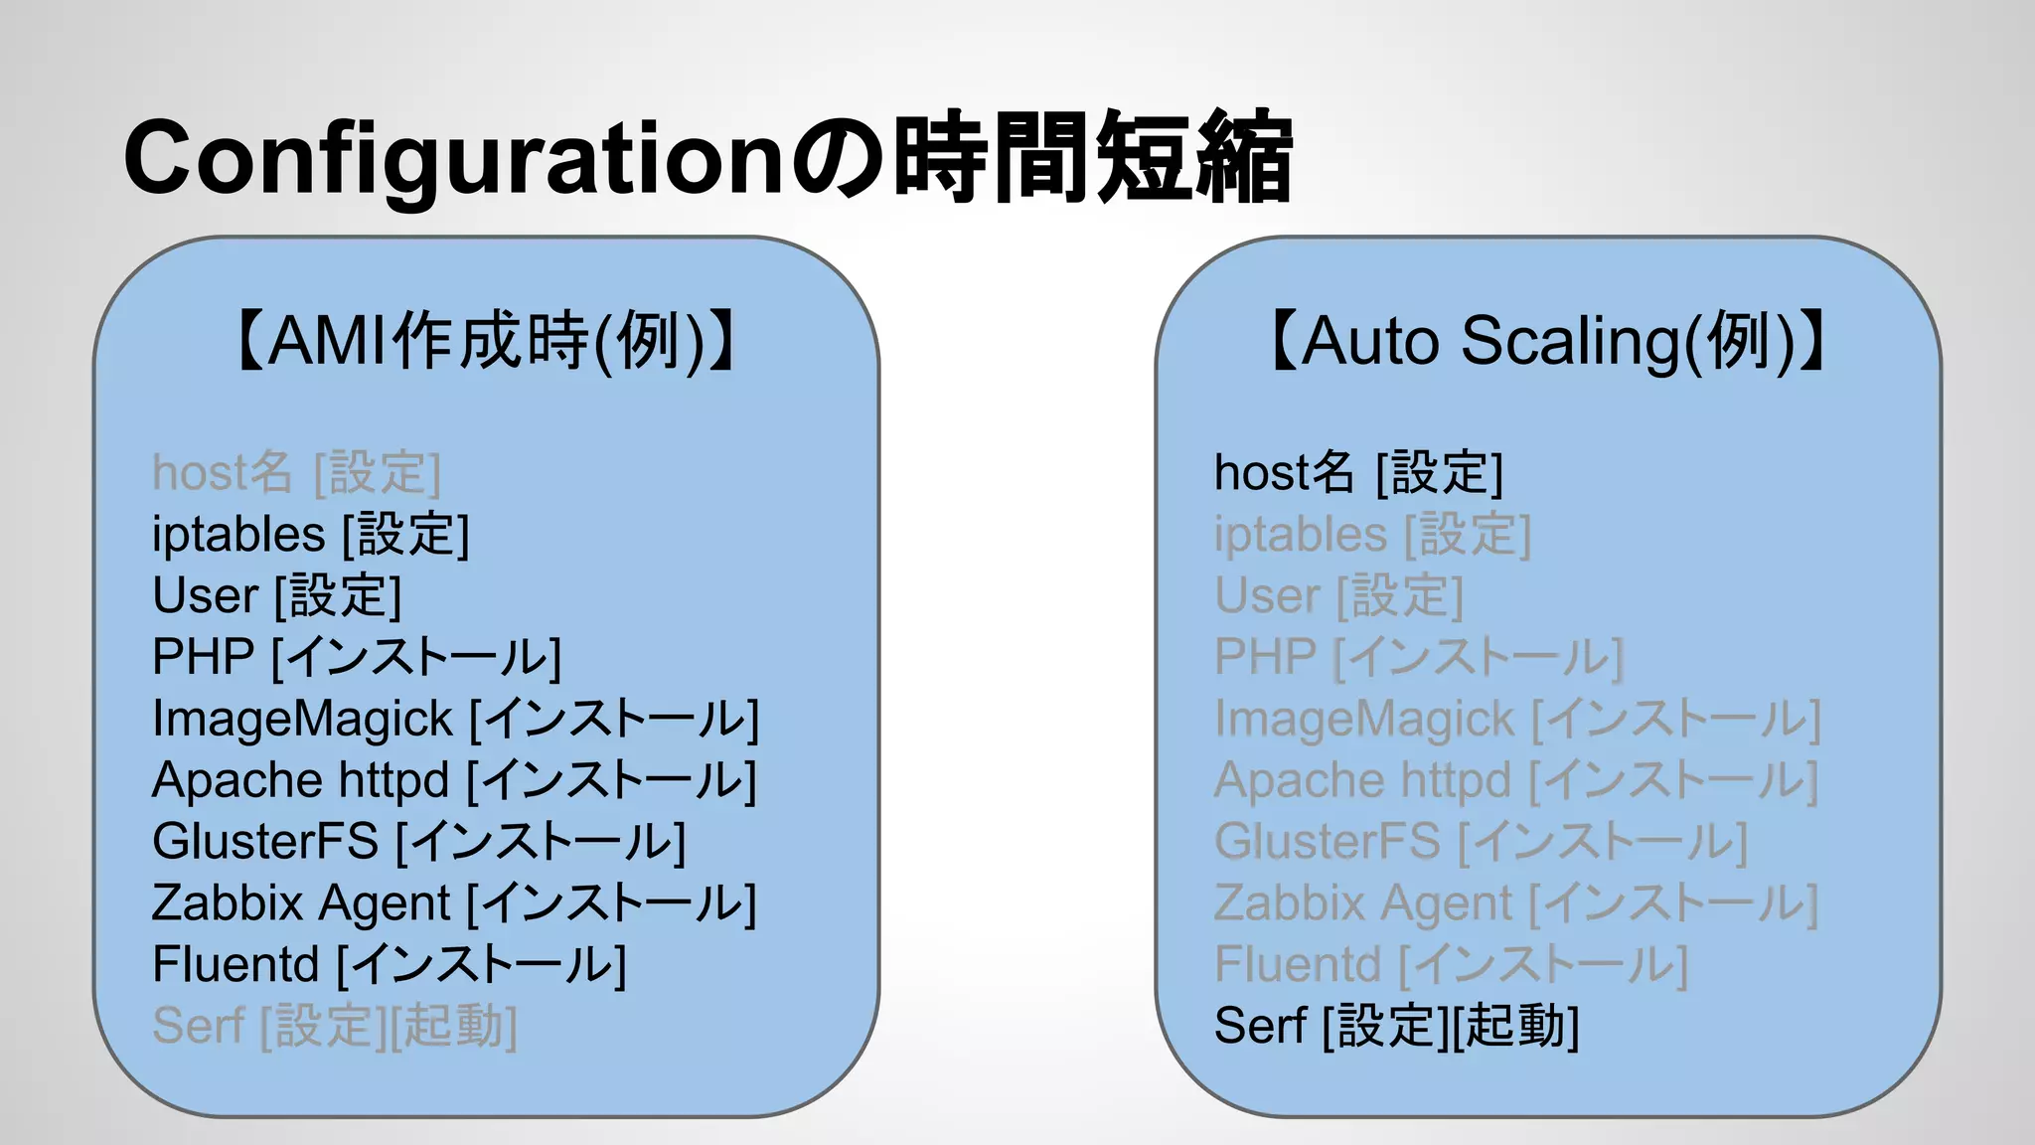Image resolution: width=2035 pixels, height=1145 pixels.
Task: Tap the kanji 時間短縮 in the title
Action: pos(1093,157)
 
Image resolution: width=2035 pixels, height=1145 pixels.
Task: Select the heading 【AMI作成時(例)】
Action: pos(486,341)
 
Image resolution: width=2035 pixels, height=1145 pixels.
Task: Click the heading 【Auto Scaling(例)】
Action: pos(1548,341)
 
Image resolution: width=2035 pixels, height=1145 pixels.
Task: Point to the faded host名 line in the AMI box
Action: pos(296,472)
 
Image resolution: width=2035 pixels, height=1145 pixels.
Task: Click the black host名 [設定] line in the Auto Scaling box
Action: pos(1358,472)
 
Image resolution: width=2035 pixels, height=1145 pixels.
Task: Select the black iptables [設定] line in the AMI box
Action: pos(310,535)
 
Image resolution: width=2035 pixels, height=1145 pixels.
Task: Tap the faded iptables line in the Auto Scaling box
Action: pos(1372,535)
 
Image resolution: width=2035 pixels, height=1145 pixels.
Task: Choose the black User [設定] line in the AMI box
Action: pos(276,596)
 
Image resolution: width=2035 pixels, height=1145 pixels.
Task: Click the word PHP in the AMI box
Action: pos(203,657)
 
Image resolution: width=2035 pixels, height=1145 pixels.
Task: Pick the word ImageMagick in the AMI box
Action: pos(302,720)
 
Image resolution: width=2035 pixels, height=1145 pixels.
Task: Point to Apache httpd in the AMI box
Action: pos(300,780)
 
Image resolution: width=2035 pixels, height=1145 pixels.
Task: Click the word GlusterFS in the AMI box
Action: pos(265,842)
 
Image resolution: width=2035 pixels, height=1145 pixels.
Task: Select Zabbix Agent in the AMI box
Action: pos(301,903)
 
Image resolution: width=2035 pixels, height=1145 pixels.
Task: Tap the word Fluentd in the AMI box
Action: pos(235,964)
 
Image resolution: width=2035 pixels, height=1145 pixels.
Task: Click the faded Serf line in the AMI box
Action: pos(335,1026)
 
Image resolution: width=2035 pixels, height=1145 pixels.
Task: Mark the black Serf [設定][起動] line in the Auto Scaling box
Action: pos(1396,1026)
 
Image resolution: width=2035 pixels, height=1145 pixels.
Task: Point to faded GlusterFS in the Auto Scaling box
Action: pos(1327,842)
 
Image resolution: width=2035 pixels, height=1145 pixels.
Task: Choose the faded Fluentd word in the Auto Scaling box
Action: pos(1297,964)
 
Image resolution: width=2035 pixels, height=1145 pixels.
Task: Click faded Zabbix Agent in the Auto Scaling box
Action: pos(1362,903)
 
